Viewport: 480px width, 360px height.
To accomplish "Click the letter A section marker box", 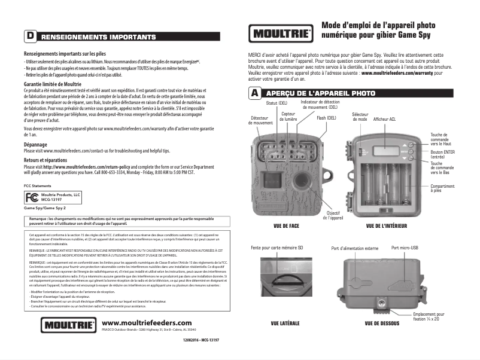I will coord(254,94).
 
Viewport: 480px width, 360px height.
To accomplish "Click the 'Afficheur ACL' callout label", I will coord(384,120).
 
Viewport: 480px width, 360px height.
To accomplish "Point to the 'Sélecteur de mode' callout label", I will coord(360,117).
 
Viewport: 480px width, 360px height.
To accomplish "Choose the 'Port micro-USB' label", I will coord(405,248).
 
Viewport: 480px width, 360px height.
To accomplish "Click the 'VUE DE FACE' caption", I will coord(285,227).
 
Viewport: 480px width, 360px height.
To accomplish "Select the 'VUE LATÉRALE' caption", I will coord(285,324).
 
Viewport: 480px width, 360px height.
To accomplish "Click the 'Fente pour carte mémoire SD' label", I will coord(278,248).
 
